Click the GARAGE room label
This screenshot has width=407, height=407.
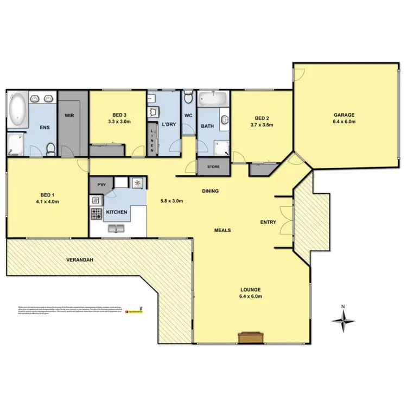[x=344, y=115]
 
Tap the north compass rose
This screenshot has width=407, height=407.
[x=343, y=320]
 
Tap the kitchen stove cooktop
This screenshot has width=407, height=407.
[x=96, y=213]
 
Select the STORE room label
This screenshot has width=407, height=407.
[x=213, y=167]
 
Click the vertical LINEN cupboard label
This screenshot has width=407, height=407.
[x=153, y=139]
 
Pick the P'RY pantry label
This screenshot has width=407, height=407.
[x=101, y=185]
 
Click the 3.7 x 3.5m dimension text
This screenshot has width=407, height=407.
[x=262, y=125]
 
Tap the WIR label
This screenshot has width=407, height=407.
[x=69, y=116]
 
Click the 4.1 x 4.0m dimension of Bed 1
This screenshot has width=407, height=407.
[x=48, y=198]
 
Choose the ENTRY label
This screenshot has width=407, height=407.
[x=268, y=222]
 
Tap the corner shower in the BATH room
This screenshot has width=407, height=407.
[x=222, y=147]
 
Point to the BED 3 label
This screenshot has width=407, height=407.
[x=118, y=115]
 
